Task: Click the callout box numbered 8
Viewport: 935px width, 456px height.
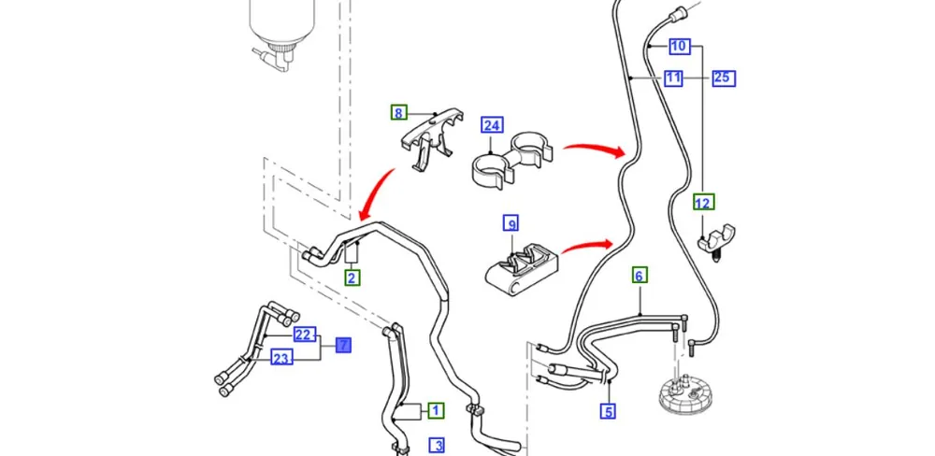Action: click(x=399, y=113)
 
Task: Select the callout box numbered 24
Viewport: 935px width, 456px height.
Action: click(x=492, y=124)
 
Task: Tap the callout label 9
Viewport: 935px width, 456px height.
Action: click(x=511, y=223)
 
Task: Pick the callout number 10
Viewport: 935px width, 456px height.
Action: click(x=679, y=46)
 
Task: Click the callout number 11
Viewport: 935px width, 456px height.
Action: click(x=673, y=78)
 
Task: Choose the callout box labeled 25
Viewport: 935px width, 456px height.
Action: click(x=722, y=78)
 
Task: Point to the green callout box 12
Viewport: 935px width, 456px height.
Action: click(x=703, y=202)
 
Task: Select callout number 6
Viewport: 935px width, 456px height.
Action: click(x=640, y=276)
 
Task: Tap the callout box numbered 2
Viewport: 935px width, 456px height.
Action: click(x=352, y=278)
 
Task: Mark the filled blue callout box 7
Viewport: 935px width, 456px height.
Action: click(x=344, y=346)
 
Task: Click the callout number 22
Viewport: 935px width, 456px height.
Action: click(x=302, y=335)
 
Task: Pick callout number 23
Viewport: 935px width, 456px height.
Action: click(x=280, y=357)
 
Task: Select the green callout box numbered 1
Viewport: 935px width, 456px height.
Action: click(x=437, y=409)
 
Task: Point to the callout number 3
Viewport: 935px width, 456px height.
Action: click(x=437, y=445)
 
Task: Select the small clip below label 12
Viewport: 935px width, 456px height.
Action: click(x=717, y=238)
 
